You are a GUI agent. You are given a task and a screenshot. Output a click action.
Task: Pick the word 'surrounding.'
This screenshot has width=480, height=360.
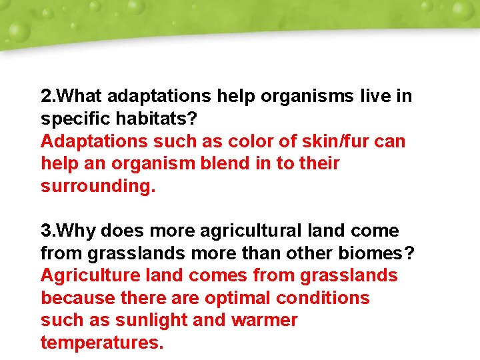pos(98,186)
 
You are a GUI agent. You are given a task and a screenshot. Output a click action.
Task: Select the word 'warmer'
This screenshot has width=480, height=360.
pos(264,321)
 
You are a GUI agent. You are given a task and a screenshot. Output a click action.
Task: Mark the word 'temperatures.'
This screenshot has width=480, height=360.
pos(101,343)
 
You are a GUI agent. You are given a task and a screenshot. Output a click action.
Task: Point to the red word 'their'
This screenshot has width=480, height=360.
pos(317,163)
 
